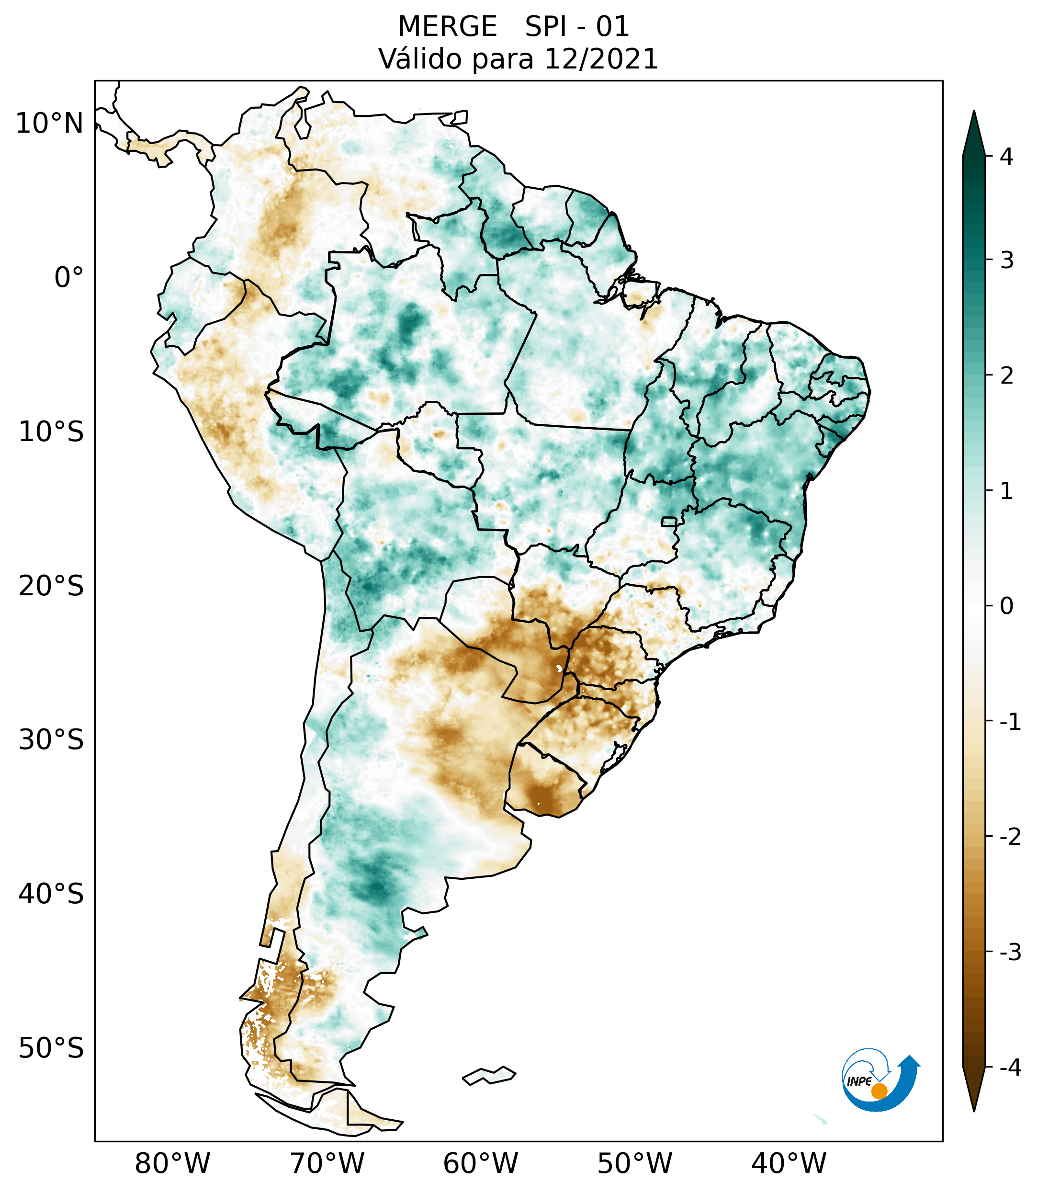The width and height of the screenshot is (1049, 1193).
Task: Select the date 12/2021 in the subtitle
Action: point(601,59)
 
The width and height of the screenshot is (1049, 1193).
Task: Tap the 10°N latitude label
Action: point(50,123)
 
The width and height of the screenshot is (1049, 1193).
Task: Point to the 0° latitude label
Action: point(69,277)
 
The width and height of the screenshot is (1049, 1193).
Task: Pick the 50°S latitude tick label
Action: point(51,1048)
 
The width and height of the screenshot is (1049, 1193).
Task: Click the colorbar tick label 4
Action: point(1006,157)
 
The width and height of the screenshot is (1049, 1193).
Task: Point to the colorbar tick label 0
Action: point(1006,606)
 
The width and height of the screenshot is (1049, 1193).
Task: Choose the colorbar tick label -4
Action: point(1010,1068)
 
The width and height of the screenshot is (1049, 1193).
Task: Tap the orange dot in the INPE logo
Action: point(879,1091)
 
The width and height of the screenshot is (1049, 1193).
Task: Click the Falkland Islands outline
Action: point(489,1075)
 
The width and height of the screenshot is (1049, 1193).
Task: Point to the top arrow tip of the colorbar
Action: point(974,112)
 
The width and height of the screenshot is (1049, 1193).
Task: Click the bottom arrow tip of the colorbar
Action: point(974,1110)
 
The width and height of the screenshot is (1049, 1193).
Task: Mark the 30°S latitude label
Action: point(51,739)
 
